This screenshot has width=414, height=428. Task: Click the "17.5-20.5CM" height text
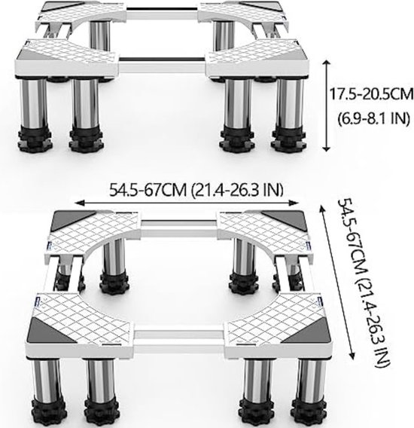pos(371,94)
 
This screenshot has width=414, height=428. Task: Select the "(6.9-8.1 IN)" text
pos(374,118)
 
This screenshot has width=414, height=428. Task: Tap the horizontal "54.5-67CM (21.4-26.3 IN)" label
pos(196,190)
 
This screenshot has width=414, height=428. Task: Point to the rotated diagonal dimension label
pos(364,283)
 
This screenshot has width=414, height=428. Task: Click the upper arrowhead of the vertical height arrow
pos(327,63)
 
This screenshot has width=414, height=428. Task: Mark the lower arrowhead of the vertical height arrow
pos(327,148)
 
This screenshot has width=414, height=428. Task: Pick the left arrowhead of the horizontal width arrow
pos(78,203)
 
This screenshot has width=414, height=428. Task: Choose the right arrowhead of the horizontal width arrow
pos(295,203)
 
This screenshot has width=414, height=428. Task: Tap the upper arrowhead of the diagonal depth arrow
pos(322,209)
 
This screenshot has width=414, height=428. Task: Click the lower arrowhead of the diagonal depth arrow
pos(352,356)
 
